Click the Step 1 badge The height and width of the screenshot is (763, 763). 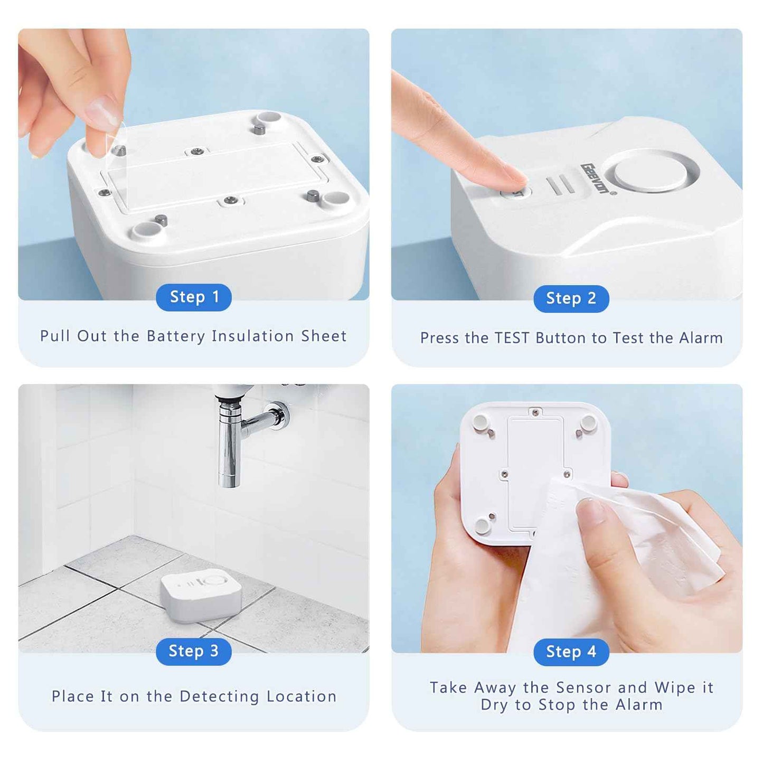click(x=194, y=297)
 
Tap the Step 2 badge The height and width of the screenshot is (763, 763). click(x=571, y=298)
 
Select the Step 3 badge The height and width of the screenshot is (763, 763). click(x=194, y=651)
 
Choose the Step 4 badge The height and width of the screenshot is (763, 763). click(x=571, y=652)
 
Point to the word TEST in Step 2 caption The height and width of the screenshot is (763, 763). click(x=512, y=338)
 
